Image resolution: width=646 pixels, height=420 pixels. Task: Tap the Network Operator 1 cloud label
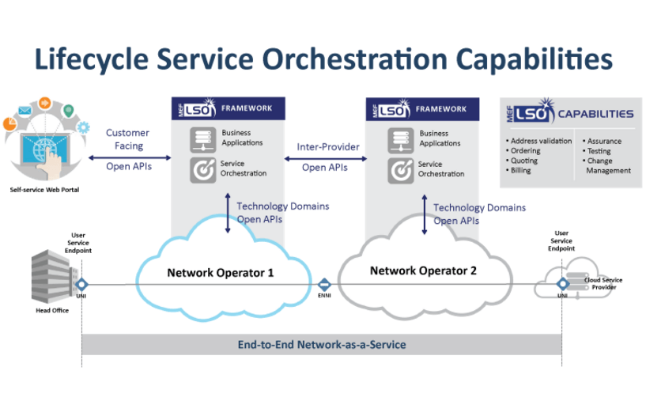click(221, 273)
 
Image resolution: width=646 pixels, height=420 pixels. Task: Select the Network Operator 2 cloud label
click(423, 271)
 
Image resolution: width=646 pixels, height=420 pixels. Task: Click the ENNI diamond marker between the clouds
click(324, 285)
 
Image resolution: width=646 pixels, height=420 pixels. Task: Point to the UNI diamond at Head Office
click(81, 284)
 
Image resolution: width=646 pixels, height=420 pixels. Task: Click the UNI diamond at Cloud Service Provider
click(562, 284)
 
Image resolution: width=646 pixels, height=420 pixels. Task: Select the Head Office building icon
click(51, 276)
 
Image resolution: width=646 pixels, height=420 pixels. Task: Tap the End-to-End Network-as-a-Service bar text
click(322, 345)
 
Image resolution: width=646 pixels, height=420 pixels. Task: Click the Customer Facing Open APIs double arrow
click(128, 157)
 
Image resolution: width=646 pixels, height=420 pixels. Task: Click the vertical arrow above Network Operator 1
click(229, 213)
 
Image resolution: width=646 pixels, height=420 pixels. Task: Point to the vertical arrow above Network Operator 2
click(425, 214)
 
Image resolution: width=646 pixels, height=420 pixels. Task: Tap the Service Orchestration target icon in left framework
click(201, 168)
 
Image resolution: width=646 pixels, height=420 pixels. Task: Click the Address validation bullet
click(540, 141)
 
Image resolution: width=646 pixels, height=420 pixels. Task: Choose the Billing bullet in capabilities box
click(521, 170)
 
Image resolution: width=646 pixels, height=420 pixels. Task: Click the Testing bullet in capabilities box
click(599, 150)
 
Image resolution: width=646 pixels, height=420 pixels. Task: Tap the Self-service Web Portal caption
click(45, 190)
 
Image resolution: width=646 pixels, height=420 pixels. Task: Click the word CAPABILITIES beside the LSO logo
click(596, 114)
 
